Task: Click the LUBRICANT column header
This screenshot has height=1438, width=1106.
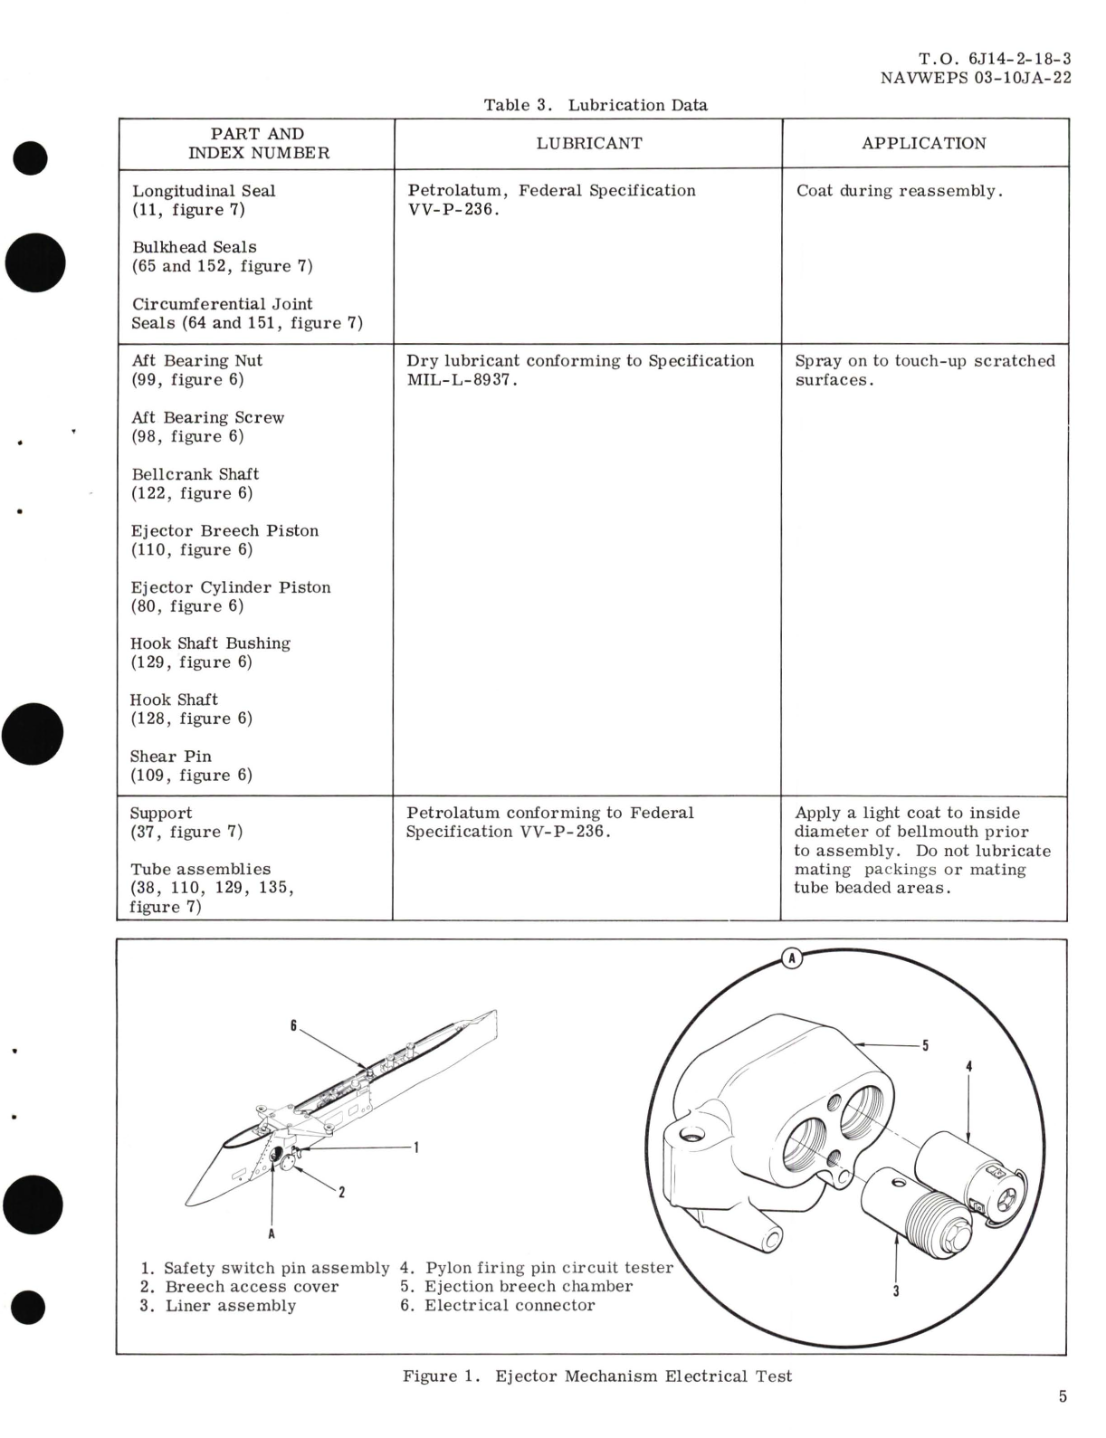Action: (x=588, y=143)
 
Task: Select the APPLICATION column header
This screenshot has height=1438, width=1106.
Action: (x=923, y=143)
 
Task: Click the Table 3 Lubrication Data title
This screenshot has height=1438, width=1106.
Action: (x=595, y=105)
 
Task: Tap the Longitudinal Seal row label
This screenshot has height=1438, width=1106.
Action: (x=204, y=191)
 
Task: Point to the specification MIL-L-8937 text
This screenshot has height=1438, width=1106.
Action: (x=462, y=380)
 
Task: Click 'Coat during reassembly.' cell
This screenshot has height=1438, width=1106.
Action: (x=899, y=191)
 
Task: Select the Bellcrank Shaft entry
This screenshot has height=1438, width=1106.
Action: (x=195, y=474)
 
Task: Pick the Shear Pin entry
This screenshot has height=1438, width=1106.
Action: (x=171, y=757)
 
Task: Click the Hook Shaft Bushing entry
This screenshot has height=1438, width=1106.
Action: (x=210, y=643)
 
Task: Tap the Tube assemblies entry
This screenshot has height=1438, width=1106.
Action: (x=200, y=869)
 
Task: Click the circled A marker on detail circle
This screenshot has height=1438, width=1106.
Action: (x=792, y=957)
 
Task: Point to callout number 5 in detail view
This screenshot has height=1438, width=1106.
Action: (x=925, y=1046)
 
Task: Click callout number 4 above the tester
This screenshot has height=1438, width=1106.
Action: (x=968, y=1067)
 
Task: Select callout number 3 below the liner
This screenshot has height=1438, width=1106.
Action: (x=896, y=1290)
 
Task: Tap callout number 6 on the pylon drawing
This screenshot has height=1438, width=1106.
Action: (x=293, y=1025)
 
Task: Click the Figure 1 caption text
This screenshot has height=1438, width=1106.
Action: (x=597, y=1376)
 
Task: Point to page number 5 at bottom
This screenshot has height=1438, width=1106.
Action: (x=1063, y=1396)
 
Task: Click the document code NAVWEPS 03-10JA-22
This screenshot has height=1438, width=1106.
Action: (x=975, y=78)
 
